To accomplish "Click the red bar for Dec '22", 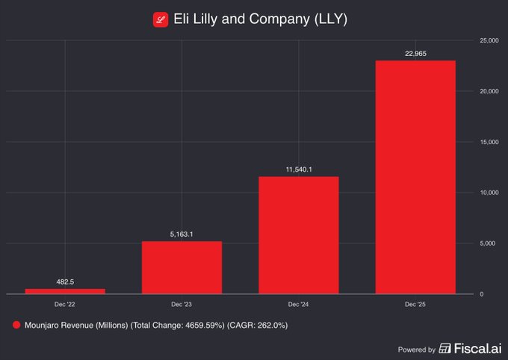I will pyautogui.click(x=65, y=291).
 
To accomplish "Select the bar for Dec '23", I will pyautogui.click(x=182, y=267).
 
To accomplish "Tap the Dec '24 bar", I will pyautogui.click(x=299, y=235).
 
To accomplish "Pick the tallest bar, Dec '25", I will pyautogui.click(x=415, y=177).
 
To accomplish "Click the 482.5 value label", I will pyautogui.click(x=65, y=282).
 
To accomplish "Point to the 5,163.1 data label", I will pyautogui.click(x=182, y=234).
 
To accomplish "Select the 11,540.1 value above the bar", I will pyautogui.click(x=299, y=170).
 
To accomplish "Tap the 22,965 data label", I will pyautogui.click(x=415, y=53).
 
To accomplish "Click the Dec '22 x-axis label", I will pyautogui.click(x=65, y=305).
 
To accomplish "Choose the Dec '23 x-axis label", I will pyautogui.click(x=182, y=305).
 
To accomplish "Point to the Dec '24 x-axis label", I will pyautogui.click(x=299, y=305).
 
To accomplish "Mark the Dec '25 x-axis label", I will pyautogui.click(x=415, y=305).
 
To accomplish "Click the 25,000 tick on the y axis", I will pyautogui.click(x=489, y=40).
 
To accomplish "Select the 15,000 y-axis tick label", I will pyautogui.click(x=489, y=141).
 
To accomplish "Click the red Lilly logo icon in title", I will pyautogui.click(x=161, y=20).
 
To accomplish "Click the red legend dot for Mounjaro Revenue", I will pyautogui.click(x=16, y=325).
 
